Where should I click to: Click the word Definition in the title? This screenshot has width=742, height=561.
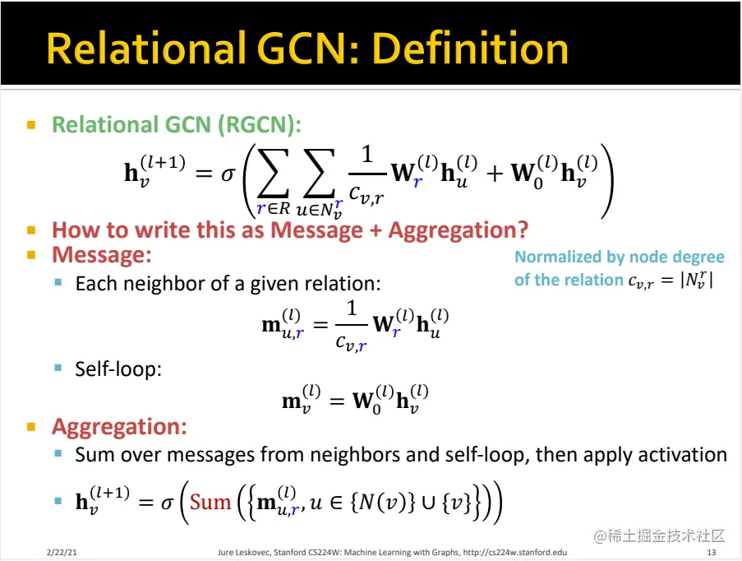pos(470,49)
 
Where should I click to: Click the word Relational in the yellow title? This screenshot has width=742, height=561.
pos(146,49)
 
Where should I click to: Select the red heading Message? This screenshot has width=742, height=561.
pos(102,255)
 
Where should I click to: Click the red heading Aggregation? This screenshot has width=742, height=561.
pos(119,426)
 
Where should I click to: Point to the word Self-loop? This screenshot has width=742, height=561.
pos(118,369)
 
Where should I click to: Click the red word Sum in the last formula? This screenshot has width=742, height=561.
pos(210,502)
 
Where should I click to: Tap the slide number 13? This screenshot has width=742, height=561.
pos(712,552)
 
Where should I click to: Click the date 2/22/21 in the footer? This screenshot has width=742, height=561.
pos(62,552)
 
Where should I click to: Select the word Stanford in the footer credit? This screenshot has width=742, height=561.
pos(289,552)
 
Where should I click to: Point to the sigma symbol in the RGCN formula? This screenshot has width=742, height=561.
pos(228,175)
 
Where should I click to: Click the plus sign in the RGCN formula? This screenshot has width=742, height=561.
pos(495,174)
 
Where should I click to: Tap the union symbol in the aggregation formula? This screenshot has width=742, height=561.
pos(428,503)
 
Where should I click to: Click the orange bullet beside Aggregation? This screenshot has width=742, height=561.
pos(31,427)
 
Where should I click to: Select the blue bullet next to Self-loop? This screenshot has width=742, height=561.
pos(58,368)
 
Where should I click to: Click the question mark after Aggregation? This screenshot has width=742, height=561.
pos(522,230)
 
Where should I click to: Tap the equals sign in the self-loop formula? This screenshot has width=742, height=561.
pos(336,401)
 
